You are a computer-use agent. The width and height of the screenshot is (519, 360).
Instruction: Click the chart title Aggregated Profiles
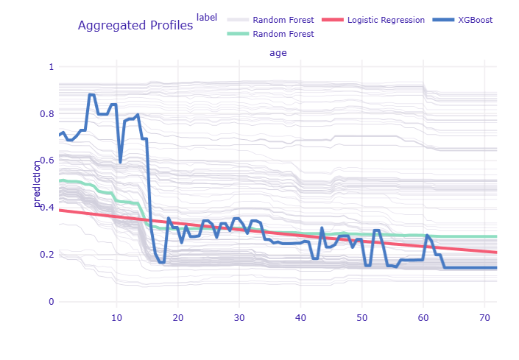[x=135, y=26]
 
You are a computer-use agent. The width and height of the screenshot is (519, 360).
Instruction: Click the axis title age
[x=278, y=53]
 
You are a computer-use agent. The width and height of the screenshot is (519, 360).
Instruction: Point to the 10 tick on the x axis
[x=116, y=317]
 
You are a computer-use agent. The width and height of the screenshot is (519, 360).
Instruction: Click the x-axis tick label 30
[x=239, y=317]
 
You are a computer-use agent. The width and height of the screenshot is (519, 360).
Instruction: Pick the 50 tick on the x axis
[x=361, y=317]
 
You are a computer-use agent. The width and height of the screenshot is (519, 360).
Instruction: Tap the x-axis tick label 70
[x=484, y=317]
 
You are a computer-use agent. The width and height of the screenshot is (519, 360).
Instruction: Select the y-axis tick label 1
[x=51, y=66]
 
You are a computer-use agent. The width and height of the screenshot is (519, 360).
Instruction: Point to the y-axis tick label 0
[x=51, y=302]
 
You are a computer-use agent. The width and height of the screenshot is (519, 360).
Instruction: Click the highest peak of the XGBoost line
[x=91, y=94]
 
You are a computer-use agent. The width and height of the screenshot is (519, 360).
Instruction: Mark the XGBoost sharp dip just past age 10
[x=121, y=161]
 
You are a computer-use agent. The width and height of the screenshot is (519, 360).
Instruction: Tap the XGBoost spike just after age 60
[x=427, y=236]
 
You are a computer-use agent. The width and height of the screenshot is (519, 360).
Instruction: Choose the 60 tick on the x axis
[x=423, y=317]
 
